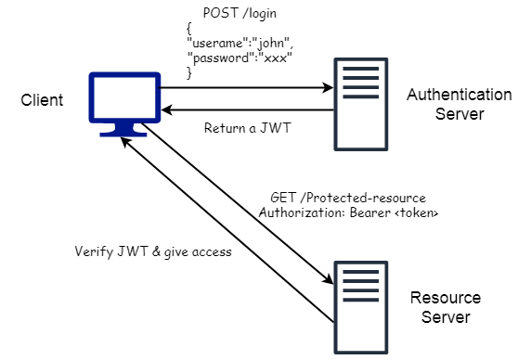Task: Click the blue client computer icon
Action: click(x=124, y=104)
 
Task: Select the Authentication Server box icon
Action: click(x=358, y=103)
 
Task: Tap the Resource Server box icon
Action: click(x=358, y=294)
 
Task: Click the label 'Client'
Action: click(x=42, y=99)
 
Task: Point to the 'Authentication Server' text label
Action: click(x=458, y=104)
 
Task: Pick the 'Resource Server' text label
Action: click(x=446, y=307)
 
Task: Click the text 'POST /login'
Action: click(x=238, y=14)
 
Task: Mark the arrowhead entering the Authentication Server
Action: click(x=328, y=88)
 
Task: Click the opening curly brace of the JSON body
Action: click(x=189, y=29)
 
